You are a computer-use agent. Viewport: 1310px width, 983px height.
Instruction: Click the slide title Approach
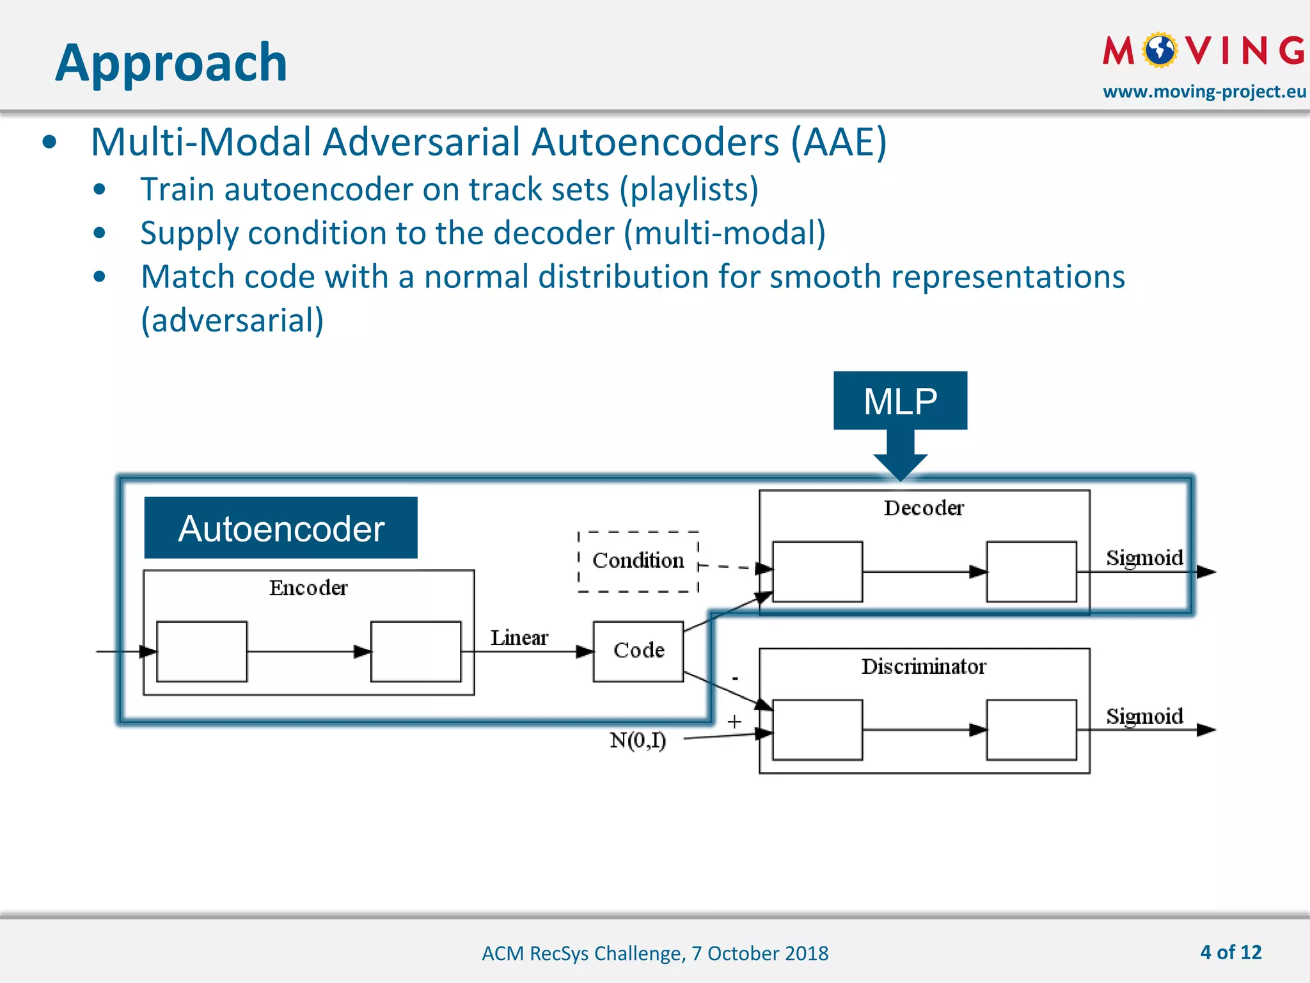[171, 62]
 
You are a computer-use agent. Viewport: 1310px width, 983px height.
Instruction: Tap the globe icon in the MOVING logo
[1160, 50]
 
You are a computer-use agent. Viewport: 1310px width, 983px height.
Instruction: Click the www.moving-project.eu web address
[1204, 92]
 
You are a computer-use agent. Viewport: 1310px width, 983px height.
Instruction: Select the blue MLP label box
[900, 401]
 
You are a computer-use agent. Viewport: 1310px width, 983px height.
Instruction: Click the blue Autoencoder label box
[281, 528]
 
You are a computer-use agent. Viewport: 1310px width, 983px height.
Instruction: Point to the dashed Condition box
[638, 561]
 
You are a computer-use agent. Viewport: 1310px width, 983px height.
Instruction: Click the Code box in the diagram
[638, 651]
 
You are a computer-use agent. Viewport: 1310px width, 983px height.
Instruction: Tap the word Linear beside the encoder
[519, 637]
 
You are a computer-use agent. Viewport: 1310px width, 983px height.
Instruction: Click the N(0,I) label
[638, 740]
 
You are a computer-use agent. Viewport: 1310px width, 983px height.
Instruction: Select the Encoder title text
[308, 587]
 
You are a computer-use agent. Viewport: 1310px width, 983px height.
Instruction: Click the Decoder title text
[924, 508]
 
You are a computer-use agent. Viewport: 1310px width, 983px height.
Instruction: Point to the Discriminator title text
[924, 666]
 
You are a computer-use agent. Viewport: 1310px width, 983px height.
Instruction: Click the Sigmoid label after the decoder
[1144, 557]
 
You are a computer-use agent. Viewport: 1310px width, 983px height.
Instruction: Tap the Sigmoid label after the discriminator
[1144, 715]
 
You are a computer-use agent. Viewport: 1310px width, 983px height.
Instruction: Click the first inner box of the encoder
[201, 651]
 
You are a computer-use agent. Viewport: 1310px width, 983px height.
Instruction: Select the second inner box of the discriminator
[1031, 730]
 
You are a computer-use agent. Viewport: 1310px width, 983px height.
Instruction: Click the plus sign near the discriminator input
[734, 722]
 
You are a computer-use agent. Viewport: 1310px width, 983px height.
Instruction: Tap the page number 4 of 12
[1231, 952]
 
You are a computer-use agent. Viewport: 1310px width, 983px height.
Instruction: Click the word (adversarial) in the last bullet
[232, 320]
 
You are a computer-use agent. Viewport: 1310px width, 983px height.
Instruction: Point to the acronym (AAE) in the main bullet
[839, 141]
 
